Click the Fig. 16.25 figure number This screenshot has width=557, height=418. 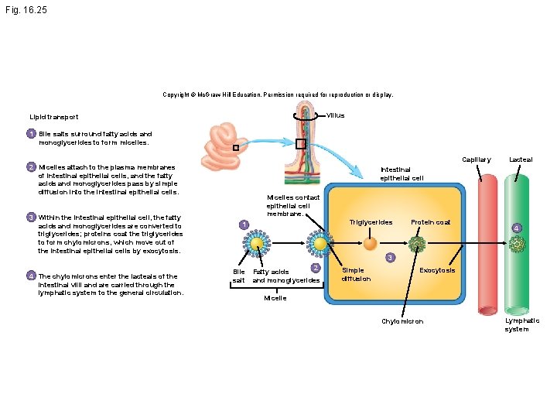pos(26,10)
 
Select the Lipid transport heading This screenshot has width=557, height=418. pos(54,117)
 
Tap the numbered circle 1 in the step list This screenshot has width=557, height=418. pos(31,134)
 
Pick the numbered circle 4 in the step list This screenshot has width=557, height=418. pos(31,276)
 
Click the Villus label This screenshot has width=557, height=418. pos(335,115)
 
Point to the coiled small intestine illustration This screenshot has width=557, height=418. pos(224,146)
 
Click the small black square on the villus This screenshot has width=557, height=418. pos(301,144)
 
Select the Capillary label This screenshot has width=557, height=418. pos(477,159)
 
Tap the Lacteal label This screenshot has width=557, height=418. pos(521,159)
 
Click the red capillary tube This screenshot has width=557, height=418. pos(487,245)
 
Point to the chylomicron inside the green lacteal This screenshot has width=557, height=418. pos(517,244)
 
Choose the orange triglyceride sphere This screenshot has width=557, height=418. pos(370,244)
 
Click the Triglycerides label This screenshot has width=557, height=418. pos(371,222)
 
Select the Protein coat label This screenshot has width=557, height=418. pos(431,222)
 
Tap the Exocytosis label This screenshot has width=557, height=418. pos(437,270)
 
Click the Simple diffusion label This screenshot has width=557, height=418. pos(356,274)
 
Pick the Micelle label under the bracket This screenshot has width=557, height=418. pos(275,298)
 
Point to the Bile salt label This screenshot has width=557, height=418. pos(239,276)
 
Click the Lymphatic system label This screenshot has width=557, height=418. pos(522,324)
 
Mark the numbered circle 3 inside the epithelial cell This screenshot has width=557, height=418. pos(390,257)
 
